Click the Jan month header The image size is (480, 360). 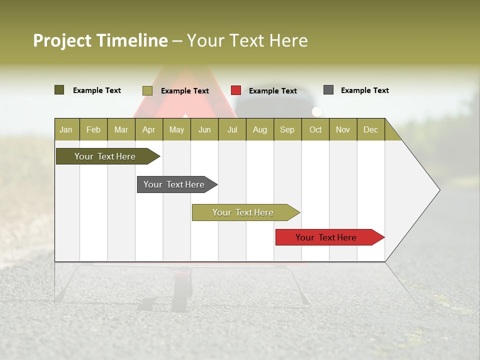[x=66, y=129]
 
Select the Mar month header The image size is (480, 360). [x=121, y=129]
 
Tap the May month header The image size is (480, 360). [x=176, y=129]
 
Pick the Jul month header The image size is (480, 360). [x=232, y=129]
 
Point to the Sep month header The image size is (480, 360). [x=287, y=129]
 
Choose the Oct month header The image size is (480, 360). [x=315, y=129]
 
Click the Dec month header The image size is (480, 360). [x=370, y=129]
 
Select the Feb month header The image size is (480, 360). [x=93, y=129]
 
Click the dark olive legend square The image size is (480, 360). [x=59, y=90]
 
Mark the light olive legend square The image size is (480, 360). [x=147, y=90]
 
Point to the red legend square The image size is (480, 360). [x=236, y=90]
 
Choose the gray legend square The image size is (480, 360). [x=328, y=90]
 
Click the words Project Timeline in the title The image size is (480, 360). [x=100, y=40]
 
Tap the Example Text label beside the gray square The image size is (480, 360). [x=364, y=90]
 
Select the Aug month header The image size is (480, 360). [x=259, y=129]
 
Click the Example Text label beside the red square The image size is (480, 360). [x=272, y=91]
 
